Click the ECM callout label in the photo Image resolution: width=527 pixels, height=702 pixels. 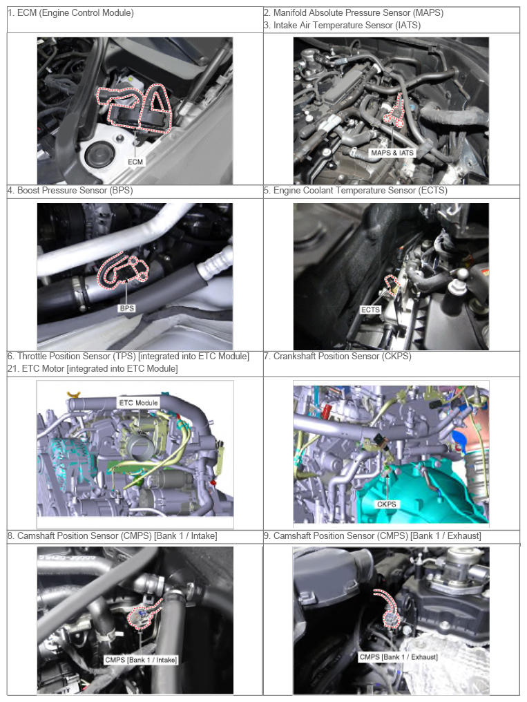point(135,162)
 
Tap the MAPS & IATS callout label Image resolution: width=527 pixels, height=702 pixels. point(392,153)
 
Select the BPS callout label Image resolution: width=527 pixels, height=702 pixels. point(127,308)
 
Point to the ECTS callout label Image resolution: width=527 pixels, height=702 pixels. point(370,310)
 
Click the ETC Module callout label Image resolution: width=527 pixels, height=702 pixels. point(138,403)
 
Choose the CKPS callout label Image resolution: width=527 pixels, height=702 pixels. point(387,504)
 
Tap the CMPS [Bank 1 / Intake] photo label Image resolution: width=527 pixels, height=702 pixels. point(141,659)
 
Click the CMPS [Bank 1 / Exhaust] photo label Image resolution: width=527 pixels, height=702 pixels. point(398,657)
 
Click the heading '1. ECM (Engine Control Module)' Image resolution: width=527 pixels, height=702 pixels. point(70,13)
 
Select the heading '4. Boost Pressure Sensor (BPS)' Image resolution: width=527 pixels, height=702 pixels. point(70,190)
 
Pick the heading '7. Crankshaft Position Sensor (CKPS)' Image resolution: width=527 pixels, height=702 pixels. point(337,357)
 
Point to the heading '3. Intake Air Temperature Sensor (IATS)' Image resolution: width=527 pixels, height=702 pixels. point(342,26)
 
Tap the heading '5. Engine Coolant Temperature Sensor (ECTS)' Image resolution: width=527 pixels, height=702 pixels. point(356,190)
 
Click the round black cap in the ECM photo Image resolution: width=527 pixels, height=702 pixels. point(99,155)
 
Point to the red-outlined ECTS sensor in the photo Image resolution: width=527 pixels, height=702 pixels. point(392,285)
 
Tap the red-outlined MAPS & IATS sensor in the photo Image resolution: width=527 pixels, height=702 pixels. point(394,113)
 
